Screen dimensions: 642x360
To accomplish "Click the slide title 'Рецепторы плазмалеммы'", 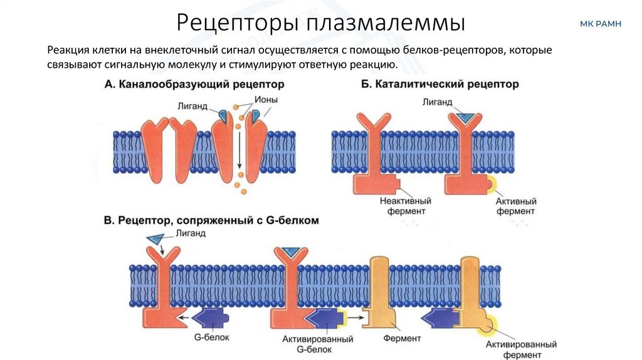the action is (320, 23).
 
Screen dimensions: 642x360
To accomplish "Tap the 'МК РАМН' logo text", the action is (601, 24).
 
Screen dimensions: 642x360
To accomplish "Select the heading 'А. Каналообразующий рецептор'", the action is (194, 83).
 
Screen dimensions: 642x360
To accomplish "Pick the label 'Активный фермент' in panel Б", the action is (515, 206).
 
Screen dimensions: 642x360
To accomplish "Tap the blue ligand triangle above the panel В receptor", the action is (154, 238).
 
